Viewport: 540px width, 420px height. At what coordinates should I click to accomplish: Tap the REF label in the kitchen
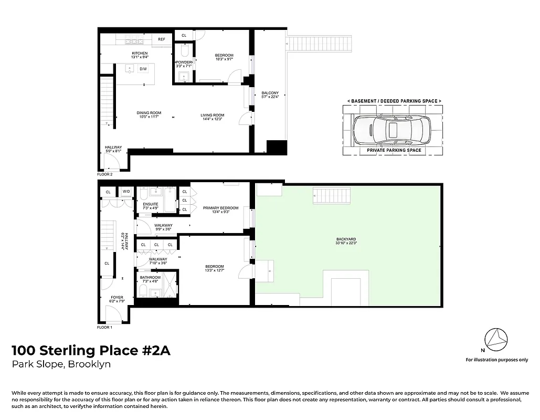pyautogui.click(x=162, y=39)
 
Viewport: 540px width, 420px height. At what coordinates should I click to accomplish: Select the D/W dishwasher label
pyautogui.click(x=143, y=69)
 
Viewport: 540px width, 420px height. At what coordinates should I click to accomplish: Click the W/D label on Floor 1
pyautogui.click(x=126, y=192)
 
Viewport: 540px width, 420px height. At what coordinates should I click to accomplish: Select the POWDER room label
pyautogui.click(x=184, y=62)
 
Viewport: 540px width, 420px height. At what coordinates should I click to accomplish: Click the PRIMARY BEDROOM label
pyautogui.click(x=220, y=208)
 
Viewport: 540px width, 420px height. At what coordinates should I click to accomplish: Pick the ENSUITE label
pyautogui.click(x=151, y=204)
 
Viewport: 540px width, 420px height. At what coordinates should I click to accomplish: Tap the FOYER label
pyautogui.click(x=117, y=297)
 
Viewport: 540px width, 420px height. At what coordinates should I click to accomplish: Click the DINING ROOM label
pyautogui.click(x=149, y=113)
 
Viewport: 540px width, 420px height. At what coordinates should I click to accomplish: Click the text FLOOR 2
pyautogui.click(x=105, y=174)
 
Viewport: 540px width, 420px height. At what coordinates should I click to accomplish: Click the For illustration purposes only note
pyautogui.click(x=497, y=360)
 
